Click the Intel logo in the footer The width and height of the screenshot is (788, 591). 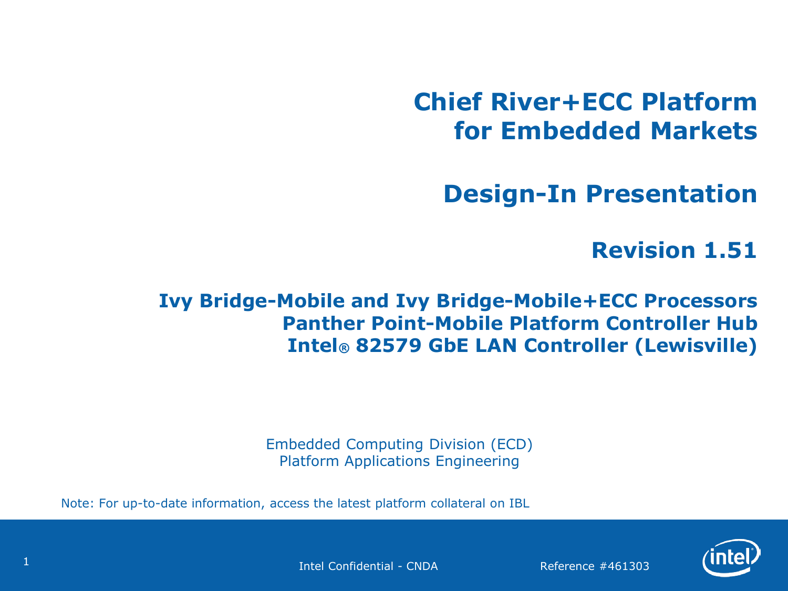731,557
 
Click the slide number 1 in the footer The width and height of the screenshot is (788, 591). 26,562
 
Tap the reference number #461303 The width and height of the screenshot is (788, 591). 624,566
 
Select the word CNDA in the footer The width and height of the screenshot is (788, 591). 422,566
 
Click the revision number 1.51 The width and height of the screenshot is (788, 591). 730,250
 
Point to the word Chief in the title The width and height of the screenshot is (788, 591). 448,102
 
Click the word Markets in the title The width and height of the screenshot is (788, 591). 703,131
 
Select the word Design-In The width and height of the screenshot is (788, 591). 510,194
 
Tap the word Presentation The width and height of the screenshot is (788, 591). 671,194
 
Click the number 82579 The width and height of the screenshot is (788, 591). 388,346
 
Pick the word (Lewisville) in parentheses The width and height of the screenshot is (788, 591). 696,346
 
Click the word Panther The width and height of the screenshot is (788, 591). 324,323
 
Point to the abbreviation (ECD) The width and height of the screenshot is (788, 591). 512,444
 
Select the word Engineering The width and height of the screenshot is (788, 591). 477,461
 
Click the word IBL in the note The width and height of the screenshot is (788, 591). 519,503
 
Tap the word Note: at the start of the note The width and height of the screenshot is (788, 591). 78,503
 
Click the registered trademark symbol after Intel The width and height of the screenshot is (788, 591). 344,348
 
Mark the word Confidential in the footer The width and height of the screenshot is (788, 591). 361,566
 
